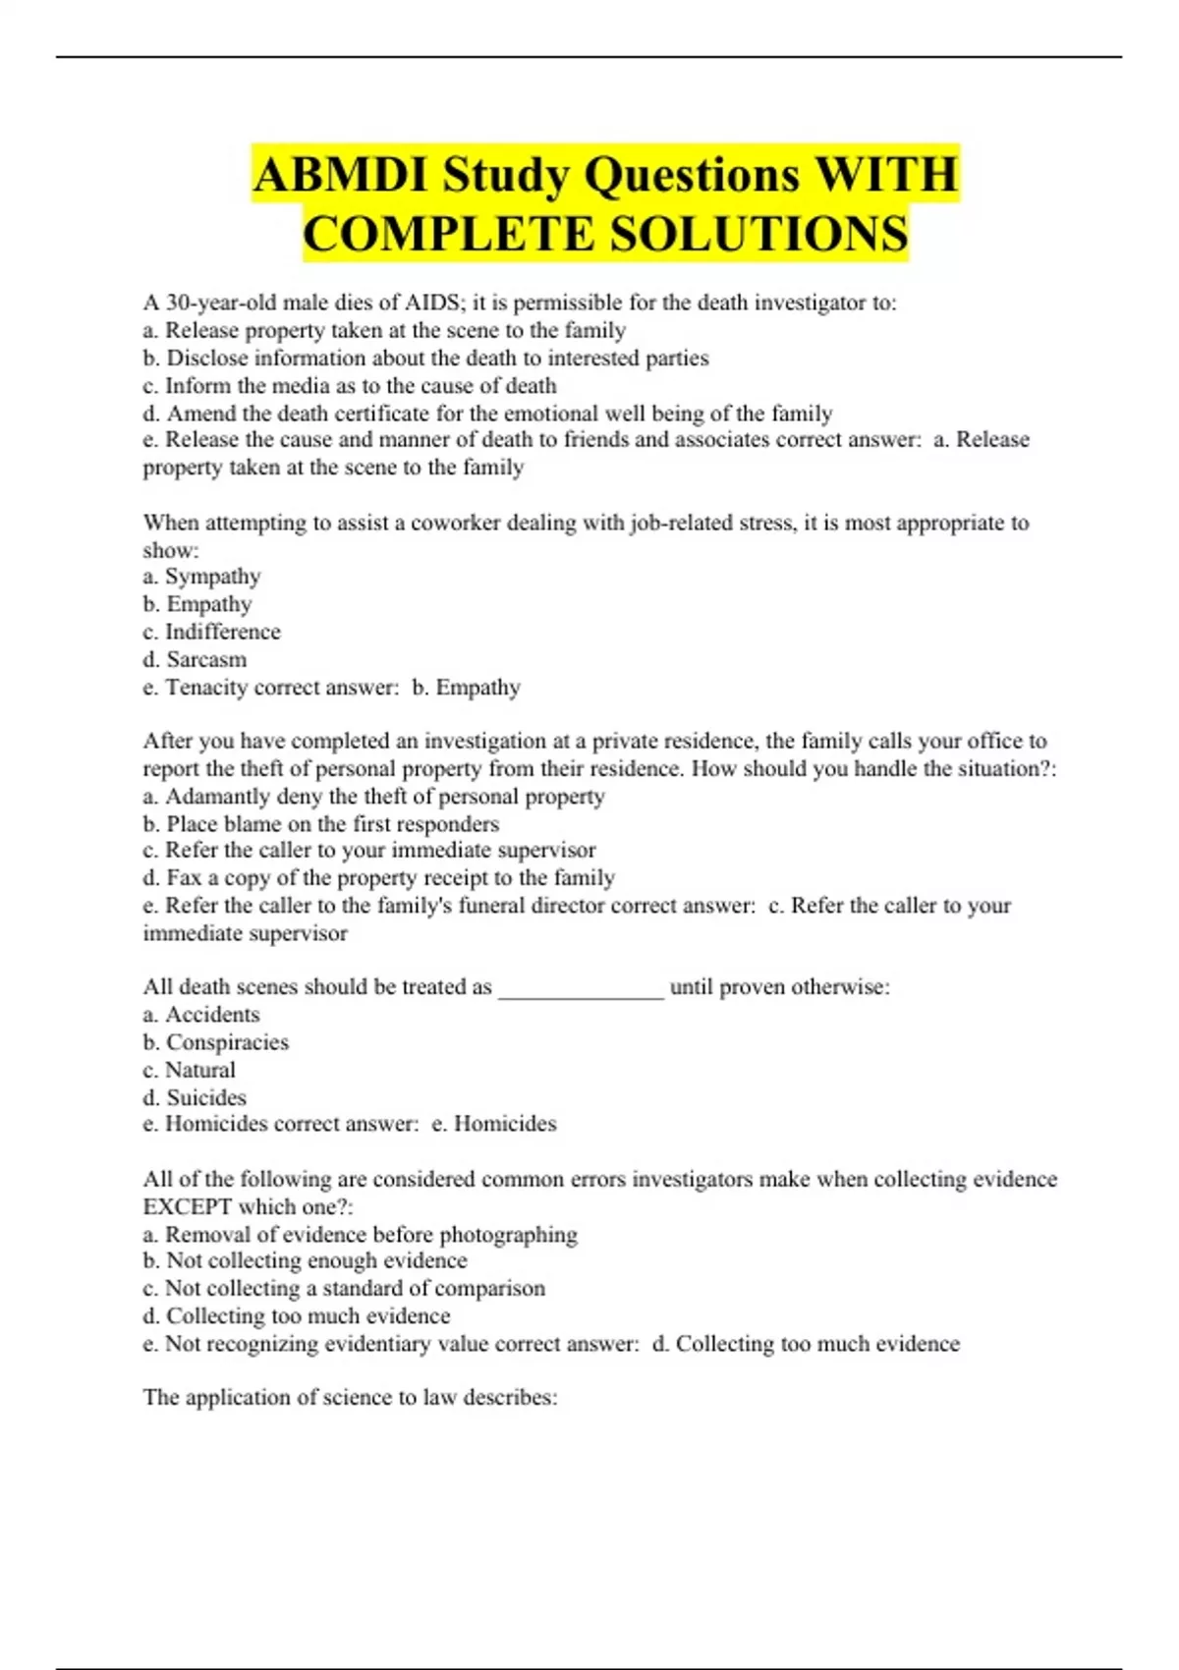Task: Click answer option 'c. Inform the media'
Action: pos(350,386)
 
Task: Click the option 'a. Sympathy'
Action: pos(201,577)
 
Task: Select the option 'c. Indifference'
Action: pos(211,632)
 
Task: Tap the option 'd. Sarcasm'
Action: pos(195,659)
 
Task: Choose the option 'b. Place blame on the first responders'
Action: pos(320,824)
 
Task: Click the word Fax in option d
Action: pos(183,878)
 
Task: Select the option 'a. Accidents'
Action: pos(201,1015)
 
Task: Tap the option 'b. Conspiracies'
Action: pos(216,1042)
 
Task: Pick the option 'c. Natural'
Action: pos(190,1070)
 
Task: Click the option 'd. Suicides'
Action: pos(195,1097)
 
